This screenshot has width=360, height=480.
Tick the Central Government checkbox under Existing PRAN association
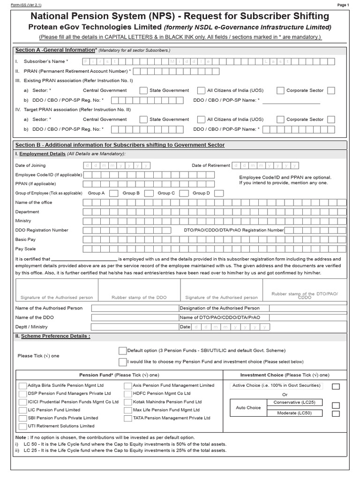point(143,90)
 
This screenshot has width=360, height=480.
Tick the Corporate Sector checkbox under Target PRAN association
point(331,120)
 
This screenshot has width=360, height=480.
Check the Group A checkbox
point(113,193)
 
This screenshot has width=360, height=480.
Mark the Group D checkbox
point(219,193)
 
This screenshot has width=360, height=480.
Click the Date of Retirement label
point(211,165)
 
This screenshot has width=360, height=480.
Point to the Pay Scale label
point(25,249)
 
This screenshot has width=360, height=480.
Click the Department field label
point(27,212)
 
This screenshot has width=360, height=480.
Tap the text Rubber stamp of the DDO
point(139,298)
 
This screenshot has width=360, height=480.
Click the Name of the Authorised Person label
point(49,308)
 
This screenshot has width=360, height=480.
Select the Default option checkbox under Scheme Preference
point(122,351)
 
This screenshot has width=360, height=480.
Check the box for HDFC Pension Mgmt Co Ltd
point(128,394)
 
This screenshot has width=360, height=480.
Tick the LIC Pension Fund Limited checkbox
point(22,410)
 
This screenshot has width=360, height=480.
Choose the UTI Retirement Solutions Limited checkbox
point(22,426)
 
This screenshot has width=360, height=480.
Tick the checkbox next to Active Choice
point(336,386)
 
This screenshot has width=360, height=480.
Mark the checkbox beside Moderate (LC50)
point(336,413)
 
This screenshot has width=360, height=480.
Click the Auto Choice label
point(248,408)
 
